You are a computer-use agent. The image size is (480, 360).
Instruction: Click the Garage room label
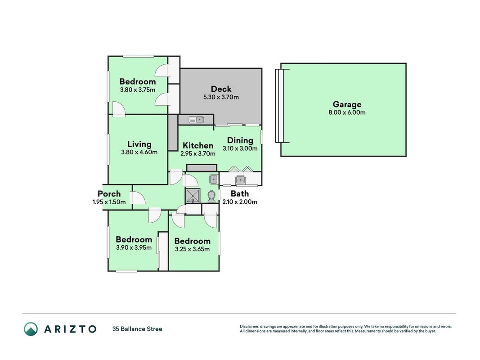click(x=347, y=104)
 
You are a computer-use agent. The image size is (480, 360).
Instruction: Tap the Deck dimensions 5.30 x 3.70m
click(x=221, y=97)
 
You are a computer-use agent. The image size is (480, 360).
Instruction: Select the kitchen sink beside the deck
click(x=196, y=119)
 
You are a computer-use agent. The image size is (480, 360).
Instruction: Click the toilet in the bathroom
click(x=211, y=197)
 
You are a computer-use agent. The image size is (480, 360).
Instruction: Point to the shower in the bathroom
click(x=193, y=196)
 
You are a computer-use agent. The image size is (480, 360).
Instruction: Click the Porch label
click(x=109, y=194)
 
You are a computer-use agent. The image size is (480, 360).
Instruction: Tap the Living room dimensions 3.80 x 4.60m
click(x=139, y=152)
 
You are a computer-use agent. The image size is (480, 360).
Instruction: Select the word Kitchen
click(x=198, y=145)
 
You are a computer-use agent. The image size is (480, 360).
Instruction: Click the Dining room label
click(x=240, y=140)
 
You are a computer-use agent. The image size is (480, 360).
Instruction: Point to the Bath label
click(x=240, y=194)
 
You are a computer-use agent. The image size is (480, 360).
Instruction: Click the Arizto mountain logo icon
click(x=31, y=329)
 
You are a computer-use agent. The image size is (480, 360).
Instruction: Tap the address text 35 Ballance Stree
click(x=137, y=329)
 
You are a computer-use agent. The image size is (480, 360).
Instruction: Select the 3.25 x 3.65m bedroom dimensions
click(x=192, y=249)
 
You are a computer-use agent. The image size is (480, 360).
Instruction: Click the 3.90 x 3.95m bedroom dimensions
click(x=134, y=247)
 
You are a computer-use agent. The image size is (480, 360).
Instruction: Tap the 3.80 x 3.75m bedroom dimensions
click(x=138, y=90)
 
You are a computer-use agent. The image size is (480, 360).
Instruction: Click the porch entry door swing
click(x=138, y=198)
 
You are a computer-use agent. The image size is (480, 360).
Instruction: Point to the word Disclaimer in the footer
click(x=250, y=327)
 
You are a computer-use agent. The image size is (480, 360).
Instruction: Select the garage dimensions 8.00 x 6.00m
click(x=347, y=112)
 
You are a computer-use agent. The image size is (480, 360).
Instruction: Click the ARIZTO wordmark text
click(x=71, y=329)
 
